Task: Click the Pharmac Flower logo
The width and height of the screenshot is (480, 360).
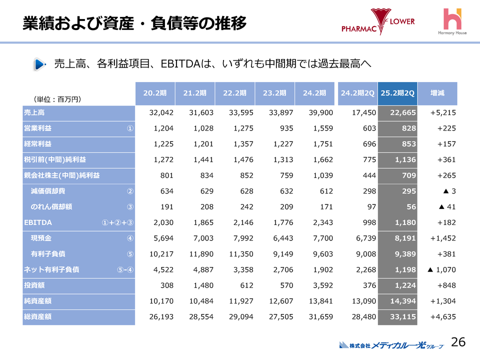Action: [x=378, y=22]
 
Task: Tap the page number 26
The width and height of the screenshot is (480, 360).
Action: [x=458, y=342]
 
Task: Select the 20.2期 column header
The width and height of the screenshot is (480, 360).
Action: [x=155, y=92]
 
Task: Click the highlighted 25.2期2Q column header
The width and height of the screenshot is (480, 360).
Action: [x=397, y=92]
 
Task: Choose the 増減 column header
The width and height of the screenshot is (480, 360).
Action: [x=437, y=92]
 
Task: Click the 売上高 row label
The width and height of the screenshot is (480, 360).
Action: [x=34, y=113]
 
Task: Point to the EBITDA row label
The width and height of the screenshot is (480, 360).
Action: [x=38, y=222]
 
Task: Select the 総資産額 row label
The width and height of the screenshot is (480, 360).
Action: [x=38, y=317]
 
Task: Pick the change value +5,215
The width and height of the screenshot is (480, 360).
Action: [x=443, y=113]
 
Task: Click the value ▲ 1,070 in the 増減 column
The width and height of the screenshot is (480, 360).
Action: [x=441, y=270]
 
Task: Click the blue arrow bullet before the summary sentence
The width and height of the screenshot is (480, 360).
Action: [x=39, y=64]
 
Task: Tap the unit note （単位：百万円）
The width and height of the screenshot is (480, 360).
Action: [x=57, y=99]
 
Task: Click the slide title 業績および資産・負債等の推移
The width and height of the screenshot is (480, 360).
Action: [x=135, y=23]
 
